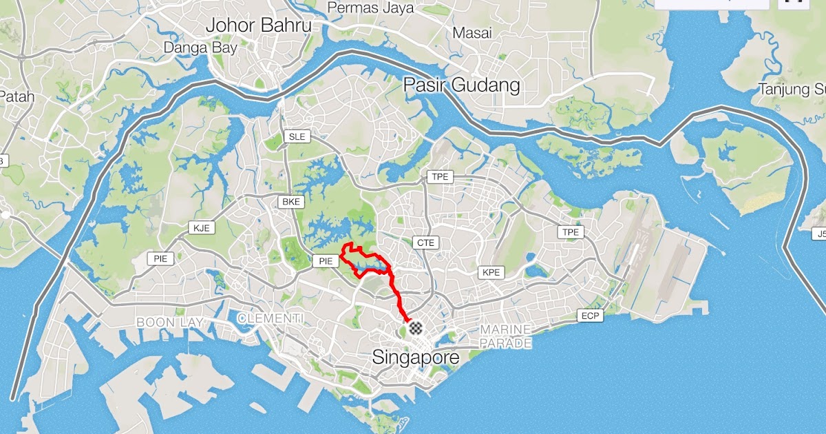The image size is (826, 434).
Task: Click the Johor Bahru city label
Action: (259, 26)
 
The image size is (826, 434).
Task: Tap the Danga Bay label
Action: (200, 48)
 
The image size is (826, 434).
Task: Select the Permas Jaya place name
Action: (370, 8)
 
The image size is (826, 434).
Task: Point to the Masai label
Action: (472, 32)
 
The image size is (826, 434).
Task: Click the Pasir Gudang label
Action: (461, 86)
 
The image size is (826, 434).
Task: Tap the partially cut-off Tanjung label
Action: (792, 89)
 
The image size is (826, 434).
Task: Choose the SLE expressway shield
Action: (297, 136)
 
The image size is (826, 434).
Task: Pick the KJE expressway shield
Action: (200, 228)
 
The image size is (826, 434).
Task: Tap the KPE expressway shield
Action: (491, 272)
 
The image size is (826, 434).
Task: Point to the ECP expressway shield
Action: (590, 316)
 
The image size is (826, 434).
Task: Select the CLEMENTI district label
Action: (270, 318)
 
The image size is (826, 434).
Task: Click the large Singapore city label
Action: (415, 358)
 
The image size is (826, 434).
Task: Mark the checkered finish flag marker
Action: (415, 328)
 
